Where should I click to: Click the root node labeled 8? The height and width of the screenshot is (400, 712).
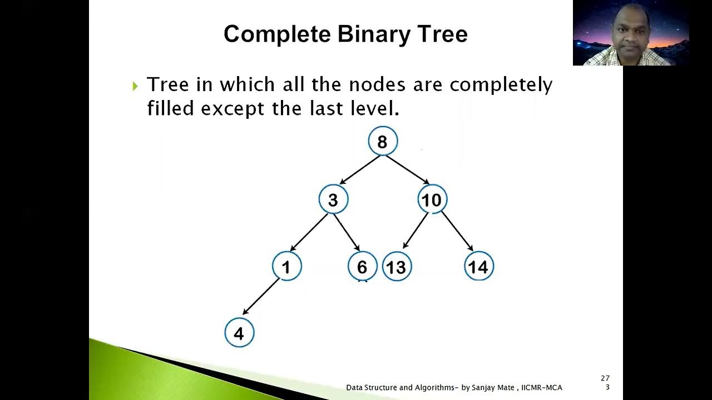pos(383,141)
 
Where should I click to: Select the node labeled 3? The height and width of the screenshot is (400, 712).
pos(333,199)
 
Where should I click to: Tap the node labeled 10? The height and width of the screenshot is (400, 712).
pos(432,199)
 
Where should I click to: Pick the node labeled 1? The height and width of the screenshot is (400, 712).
pos(286,267)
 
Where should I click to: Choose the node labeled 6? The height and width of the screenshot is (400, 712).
pos(362,267)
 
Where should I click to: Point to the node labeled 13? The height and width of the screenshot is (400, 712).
pos(397,267)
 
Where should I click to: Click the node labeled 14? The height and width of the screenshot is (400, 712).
pos(478,267)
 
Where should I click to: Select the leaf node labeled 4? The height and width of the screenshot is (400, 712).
pos(239,333)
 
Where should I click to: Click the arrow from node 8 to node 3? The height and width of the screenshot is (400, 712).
pos(360,170)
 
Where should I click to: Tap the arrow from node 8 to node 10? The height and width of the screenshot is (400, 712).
pos(408,170)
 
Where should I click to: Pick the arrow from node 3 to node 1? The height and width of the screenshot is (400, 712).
pos(309,232)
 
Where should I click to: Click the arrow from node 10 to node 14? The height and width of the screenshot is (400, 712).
pos(457,231)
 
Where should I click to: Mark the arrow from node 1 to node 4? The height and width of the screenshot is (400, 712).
pos(261,297)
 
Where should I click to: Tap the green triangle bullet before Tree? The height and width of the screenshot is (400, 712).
pos(135,86)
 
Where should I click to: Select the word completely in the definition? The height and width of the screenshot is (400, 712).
pos(501,85)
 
